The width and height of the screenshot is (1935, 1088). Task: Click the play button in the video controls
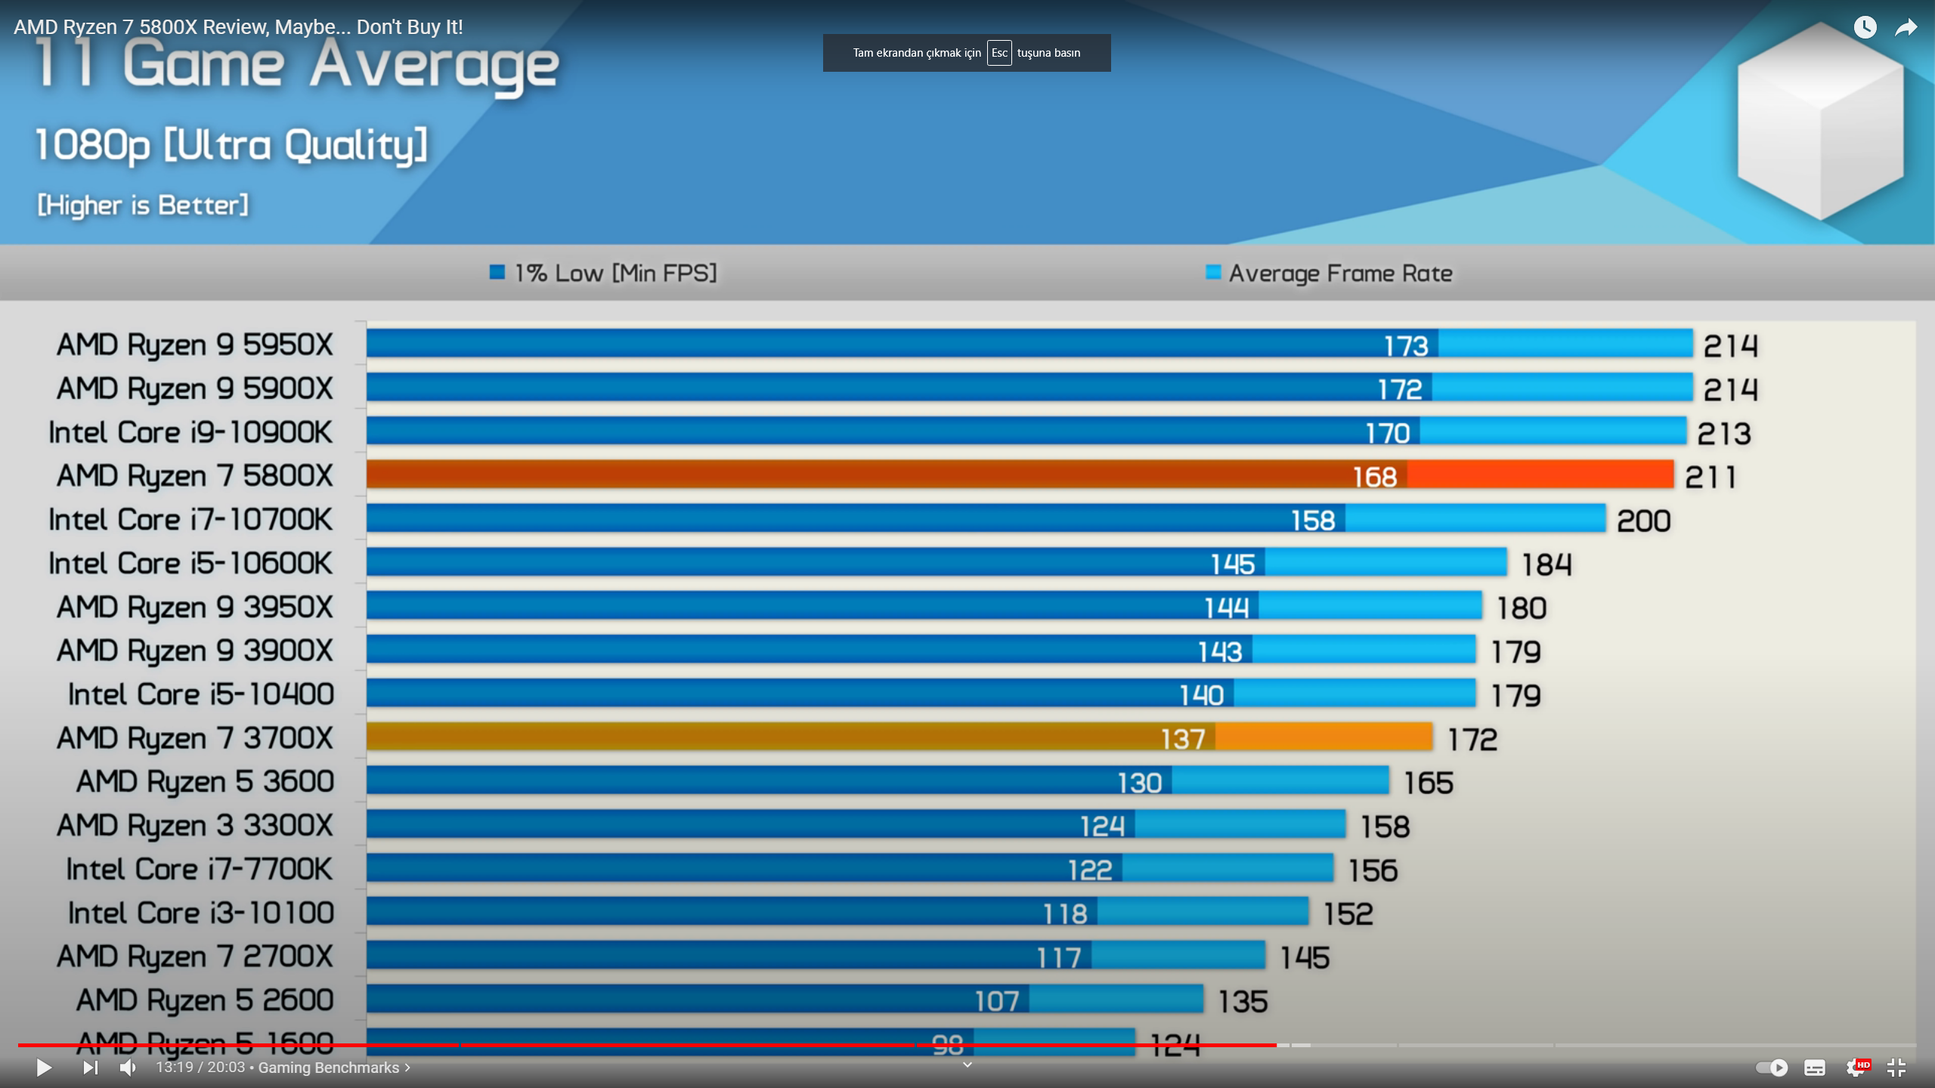(44, 1068)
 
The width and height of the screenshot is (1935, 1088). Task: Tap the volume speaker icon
(128, 1068)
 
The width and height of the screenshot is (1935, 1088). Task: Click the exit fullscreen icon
(1896, 1067)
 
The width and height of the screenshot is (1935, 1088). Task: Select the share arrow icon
(1906, 28)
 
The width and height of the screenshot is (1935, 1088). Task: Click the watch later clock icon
(1865, 28)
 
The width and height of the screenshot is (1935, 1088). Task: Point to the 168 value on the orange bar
(1374, 477)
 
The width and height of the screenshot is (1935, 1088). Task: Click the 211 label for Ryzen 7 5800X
(1711, 478)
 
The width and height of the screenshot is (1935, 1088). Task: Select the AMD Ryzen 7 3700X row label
(194, 738)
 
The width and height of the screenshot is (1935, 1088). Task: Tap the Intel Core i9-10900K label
(190, 432)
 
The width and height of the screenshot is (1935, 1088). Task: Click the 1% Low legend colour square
(497, 272)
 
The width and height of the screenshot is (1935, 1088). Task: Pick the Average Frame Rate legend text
(1340, 273)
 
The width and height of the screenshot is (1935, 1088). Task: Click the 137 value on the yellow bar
(1183, 739)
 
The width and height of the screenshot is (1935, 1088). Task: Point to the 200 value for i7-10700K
(1643, 521)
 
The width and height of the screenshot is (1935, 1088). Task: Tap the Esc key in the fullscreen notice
(998, 53)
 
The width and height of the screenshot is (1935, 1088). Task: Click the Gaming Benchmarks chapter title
(329, 1068)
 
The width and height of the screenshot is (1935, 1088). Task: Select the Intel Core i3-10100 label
(200, 913)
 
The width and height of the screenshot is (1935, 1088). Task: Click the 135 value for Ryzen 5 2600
(1243, 1002)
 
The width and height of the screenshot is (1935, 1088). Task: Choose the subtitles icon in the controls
(1814, 1068)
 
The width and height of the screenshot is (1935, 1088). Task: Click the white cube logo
(1820, 121)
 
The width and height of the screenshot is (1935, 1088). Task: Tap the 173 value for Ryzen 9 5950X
(1406, 346)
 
